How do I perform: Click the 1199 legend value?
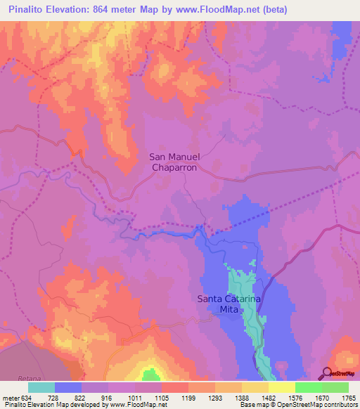188,398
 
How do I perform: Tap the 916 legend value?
108,398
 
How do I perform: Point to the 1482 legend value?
268,398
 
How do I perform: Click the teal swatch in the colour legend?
41,387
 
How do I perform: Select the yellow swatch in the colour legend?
281,387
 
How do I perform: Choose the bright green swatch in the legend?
308,387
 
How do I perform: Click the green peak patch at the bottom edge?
149,375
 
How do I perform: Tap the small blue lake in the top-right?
322,78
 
